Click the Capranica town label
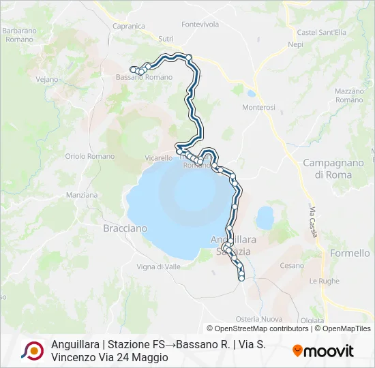click(129, 26)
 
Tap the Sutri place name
click(166, 40)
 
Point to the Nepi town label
click(295, 44)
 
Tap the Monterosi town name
click(258, 108)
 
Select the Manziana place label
click(82, 195)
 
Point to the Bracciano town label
click(125, 229)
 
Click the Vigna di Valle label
click(159, 266)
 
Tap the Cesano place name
click(292, 266)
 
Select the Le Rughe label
click(325, 281)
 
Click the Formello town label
click(349, 254)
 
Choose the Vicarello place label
click(158, 158)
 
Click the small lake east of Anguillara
click(265, 218)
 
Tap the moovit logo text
click(323, 351)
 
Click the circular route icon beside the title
click(32, 350)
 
